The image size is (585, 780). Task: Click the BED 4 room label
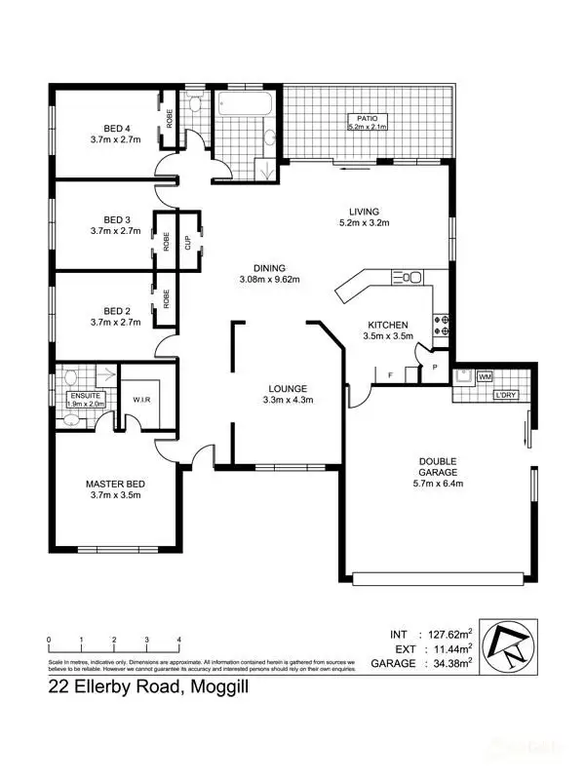tap(116, 126)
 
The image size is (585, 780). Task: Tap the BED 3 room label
tap(116, 219)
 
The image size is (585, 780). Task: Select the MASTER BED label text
tap(116, 484)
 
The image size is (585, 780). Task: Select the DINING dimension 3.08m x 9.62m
tap(269, 280)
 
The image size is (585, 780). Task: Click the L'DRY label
tap(505, 396)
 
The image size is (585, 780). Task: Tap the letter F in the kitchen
tap(391, 373)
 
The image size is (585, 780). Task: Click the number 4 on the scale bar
tap(179, 641)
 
